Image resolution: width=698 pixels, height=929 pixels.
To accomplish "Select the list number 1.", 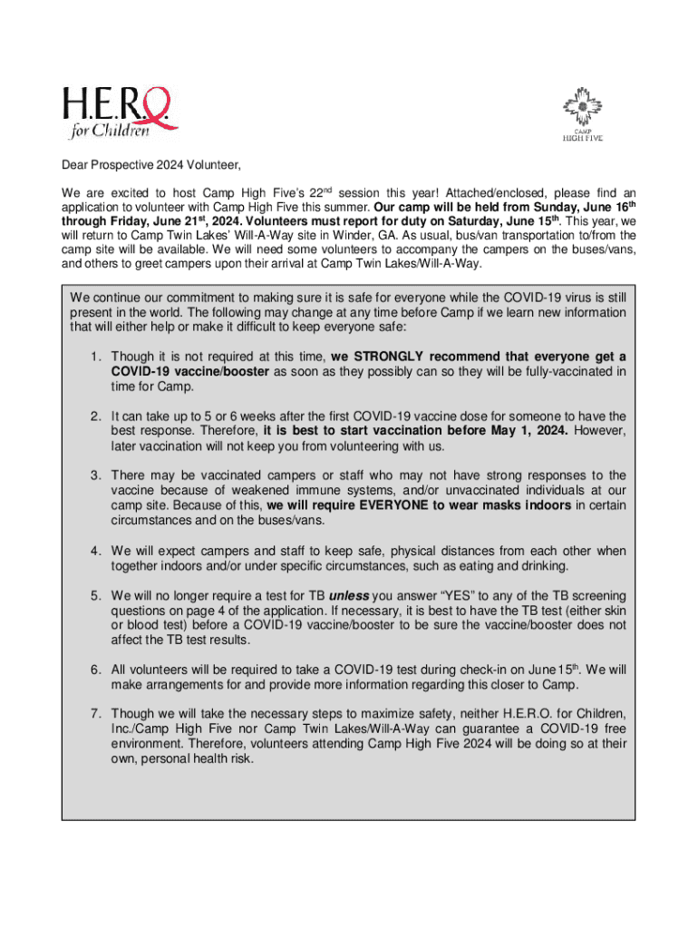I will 94,357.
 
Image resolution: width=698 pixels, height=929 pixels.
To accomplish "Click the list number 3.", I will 94,475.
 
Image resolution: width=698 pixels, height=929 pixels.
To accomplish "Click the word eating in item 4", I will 490,566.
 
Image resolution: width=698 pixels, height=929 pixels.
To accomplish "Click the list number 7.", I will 94,714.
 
